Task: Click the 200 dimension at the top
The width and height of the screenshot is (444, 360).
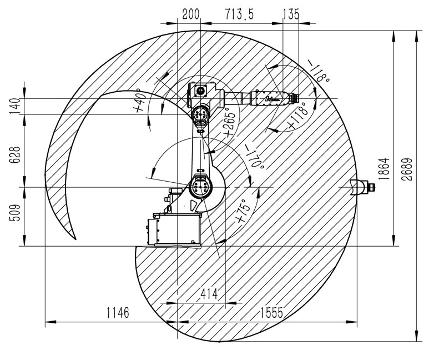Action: (191, 14)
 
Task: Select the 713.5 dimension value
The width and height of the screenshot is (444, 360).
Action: (240, 14)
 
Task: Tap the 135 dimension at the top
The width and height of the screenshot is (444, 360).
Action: (291, 14)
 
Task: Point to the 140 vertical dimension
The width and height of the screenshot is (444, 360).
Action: (15, 106)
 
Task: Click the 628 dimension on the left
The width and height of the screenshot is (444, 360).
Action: (15, 155)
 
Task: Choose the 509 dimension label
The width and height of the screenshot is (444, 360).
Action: (15, 213)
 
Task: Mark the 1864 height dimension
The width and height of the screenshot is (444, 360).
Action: (384, 169)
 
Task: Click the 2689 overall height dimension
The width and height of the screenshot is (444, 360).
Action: (407, 169)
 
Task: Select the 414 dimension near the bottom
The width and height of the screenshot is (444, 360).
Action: (209, 294)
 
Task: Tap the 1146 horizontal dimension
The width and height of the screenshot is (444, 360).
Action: (118, 313)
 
